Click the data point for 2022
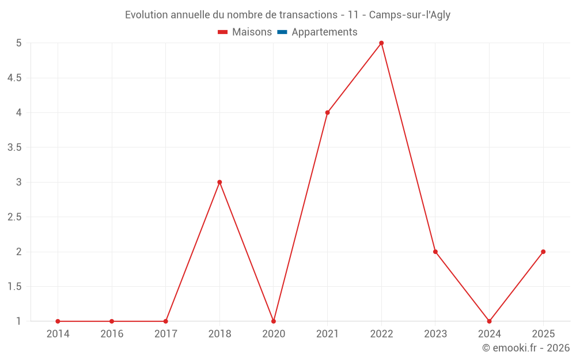pos(381,43)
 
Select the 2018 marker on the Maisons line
pos(219,182)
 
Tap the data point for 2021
pos(327,112)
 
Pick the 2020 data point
pos(274,321)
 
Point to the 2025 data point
pos(543,252)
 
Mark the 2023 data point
pos(435,252)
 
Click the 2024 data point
pos(489,321)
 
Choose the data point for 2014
pos(58,321)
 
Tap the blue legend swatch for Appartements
pos(282,32)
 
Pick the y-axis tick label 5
pos(18,43)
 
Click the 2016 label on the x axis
pos(112,334)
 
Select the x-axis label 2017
pos(165,334)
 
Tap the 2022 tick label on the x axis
pos(381,334)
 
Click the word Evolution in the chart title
pos(146,15)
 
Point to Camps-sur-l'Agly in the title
pos(410,15)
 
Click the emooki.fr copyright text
pos(526,348)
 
